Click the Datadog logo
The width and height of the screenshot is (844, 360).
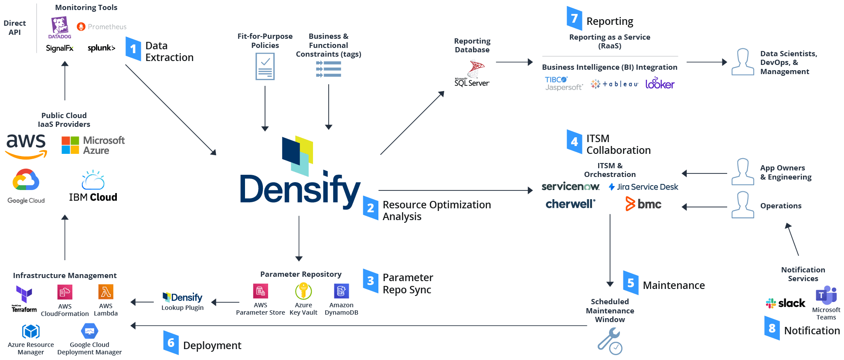[60, 27]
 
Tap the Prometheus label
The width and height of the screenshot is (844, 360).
[107, 27]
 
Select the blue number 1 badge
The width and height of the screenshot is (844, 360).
[133, 49]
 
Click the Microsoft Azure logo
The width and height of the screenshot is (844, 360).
[93, 145]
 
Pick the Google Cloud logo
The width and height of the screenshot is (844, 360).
[26, 185]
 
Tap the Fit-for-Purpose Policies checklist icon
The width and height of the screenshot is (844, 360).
[265, 66]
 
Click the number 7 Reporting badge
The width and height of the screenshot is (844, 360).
[574, 18]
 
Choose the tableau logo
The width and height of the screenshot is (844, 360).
[614, 84]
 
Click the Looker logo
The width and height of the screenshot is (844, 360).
[660, 83]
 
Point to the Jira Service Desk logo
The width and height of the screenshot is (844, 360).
[643, 187]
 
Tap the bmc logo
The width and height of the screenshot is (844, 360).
[643, 204]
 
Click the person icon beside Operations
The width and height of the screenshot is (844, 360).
[742, 204]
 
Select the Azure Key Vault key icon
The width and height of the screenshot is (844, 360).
[303, 291]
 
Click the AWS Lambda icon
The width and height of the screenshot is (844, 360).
[105, 292]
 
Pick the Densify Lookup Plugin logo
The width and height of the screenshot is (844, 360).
[182, 298]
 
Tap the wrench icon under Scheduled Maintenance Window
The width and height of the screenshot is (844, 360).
[609, 341]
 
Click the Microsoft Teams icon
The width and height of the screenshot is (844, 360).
[826, 295]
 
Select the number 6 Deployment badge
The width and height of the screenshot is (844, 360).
[170, 343]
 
